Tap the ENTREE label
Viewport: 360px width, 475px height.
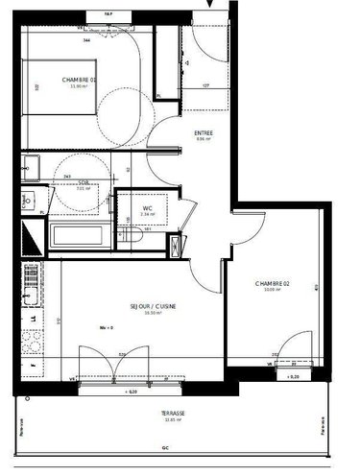[x=204, y=133]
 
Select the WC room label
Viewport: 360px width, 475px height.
[x=147, y=209]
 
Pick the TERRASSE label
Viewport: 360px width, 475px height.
[x=174, y=413]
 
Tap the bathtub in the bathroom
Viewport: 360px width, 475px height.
[x=79, y=234]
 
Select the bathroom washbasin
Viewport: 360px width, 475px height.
[x=28, y=202]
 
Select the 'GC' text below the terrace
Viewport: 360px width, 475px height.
[x=164, y=448]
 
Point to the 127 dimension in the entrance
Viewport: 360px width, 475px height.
[x=205, y=87]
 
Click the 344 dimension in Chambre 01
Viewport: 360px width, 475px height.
[x=86, y=42]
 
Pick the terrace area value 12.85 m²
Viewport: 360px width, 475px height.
[x=174, y=420]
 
